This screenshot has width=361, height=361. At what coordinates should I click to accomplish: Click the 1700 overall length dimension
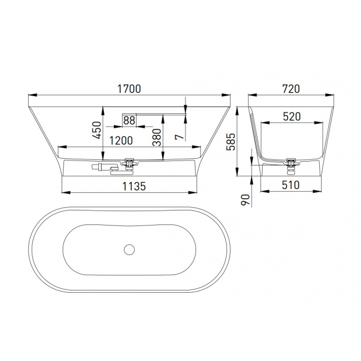coord(129,89)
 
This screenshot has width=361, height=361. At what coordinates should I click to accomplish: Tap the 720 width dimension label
coord(291,89)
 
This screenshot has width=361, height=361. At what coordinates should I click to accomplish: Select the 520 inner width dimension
coord(292,117)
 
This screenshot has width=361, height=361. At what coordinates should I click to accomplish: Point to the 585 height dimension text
coord(231,142)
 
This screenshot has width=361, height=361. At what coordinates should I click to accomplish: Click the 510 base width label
coord(291,185)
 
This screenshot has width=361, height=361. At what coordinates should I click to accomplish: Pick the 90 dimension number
coord(245,199)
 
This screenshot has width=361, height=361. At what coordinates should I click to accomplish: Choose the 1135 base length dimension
coord(134,186)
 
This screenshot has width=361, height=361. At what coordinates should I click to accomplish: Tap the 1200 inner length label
coord(121,141)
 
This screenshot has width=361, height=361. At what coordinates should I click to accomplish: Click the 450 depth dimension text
coord(97,131)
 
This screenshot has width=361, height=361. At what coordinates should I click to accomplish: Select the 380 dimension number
coord(157,137)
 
